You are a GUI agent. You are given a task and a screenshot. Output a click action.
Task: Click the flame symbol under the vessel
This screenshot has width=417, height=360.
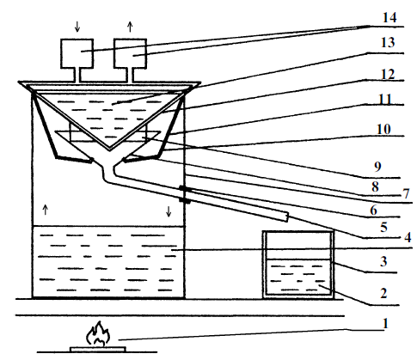pyautogui.click(x=98, y=334)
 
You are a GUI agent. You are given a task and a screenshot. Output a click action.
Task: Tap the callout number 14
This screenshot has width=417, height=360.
pyautogui.click(x=389, y=18)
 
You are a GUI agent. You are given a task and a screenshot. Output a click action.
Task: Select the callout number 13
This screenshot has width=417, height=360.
pyautogui.click(x=388, y=43)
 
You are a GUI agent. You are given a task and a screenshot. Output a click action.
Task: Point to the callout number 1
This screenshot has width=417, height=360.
pyautogui.click(x=385, y=324)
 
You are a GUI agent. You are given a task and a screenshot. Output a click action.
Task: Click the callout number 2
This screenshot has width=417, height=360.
pyautogui.click(x=383, y=293)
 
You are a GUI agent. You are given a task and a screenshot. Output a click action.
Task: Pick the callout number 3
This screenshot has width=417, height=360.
pyautogui.click(x=383, y=261)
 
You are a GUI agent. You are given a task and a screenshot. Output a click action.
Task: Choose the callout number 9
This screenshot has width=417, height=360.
pyautogui.click(x=377, y=167)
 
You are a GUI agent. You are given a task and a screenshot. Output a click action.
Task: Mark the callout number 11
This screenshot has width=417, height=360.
pyautogui.click(x=385, y=100)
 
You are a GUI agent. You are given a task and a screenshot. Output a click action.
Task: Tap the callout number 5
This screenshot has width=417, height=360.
pyautogui.click(x=383, y=228)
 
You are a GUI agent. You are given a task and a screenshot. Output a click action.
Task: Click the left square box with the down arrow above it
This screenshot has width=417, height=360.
pyautogui.click(x=77, y=53)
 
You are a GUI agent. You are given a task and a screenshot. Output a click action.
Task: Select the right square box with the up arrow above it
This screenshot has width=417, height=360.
pyautogui.click(x=130, y=53)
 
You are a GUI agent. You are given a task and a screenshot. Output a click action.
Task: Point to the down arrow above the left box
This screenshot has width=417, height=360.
pyautogui.click(x=77, y=27)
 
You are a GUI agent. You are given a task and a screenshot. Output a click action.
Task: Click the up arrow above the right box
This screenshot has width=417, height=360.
pyautogui.click(x=130, y=27)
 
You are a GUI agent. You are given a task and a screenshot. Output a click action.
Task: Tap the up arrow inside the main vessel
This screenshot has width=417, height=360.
pyautogui.click(x=46, y=210)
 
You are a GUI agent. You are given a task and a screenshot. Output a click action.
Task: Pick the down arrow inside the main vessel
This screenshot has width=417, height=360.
pyautogui.click(x=169, y=211)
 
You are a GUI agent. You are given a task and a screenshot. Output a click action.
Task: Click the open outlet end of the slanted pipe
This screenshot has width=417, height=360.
pyautogui.click(x=287, y=217)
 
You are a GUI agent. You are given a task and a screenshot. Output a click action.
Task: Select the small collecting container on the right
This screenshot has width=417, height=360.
pyautogui.click(x=298, y=265)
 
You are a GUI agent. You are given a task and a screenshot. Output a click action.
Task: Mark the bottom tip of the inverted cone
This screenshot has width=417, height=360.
pyautogui.click(x=110, y=149)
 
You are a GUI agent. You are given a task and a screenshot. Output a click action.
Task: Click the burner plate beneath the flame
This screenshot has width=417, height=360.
pyautogui.click(x=98, y=350)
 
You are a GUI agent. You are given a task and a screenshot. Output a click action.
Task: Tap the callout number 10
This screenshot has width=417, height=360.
pyautogui.click(x=383, y=130)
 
